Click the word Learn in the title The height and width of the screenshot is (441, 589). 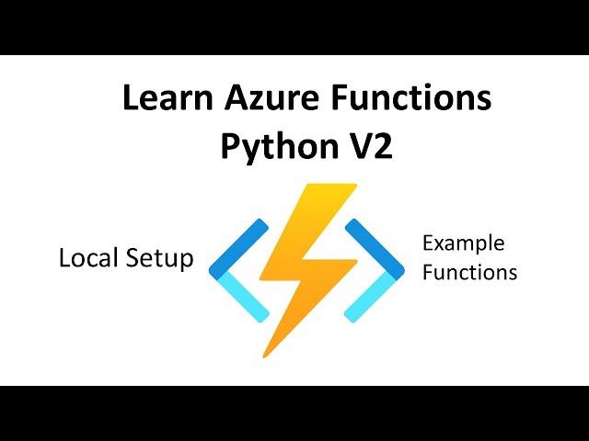pyautogui.click(x=167, y=97)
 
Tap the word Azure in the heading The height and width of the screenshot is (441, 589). pyautogui.click(x=272, y=97)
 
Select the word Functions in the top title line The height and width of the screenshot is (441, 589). pyautogui.click(x=411, y=97)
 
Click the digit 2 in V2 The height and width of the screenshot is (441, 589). pyautogui.click(x=381, y=146)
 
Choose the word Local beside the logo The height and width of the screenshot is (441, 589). pyautogui.click(x=88, y=257)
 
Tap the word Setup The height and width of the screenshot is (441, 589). pyautogui.click(x=159, y=259)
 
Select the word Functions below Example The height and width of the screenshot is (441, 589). pyautogui.click(x=470, y=272)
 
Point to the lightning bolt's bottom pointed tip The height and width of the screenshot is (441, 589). pyautogui.click(x=264, y=356)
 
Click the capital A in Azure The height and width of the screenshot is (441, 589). pyautogui.click(x=237, y=97)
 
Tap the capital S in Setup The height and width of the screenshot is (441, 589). pyautogui.click(x=133, y=257)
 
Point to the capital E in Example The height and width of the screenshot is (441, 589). pyautogui.click(x=430, y=243)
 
